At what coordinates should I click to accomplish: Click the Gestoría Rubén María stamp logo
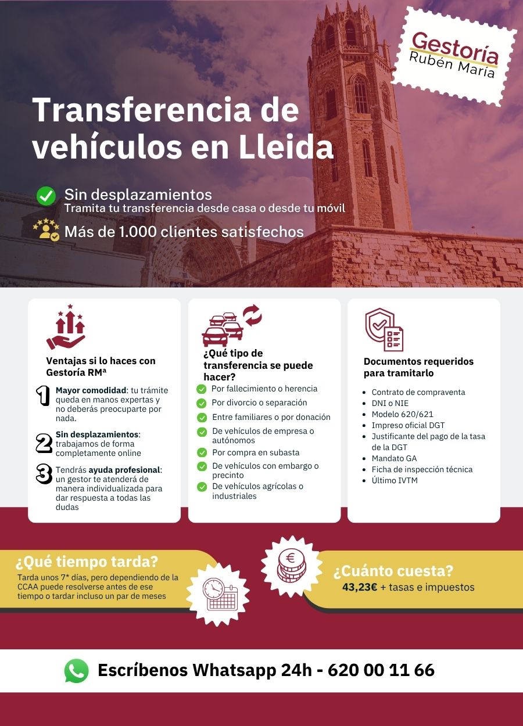pyautogui.click(x=454, y=56)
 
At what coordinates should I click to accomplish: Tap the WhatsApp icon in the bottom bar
pyautogui.click(x=77, y=671)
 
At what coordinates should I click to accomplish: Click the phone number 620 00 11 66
pyautogui.click(x=381, y=670)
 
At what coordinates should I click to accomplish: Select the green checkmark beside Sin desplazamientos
pyautogui.click(x=46, y=196)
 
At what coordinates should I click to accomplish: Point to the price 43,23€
pyautogui.click(x=360, y=587)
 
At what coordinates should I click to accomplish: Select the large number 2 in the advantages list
pyautogui.click(x=44, y=443)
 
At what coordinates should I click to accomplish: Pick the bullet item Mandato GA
pyautogui.click(x=394, y=458)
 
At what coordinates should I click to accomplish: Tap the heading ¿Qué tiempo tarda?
pyautogui.click(x=87, y=562)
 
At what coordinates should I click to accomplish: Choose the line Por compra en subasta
pyautogui.click(x=256, y=452)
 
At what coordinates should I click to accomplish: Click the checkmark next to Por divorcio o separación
pyautogui.click(x=202, y=403)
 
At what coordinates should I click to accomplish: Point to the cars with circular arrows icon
pyautogui.click(x=231, y=325)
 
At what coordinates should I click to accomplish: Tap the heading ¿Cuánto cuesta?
pyautogui.click(x=393, y=572)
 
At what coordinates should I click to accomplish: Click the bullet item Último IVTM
pyautogui.click(x=395, y=480)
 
